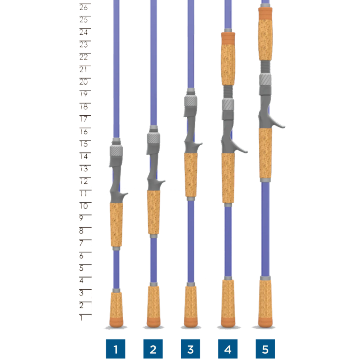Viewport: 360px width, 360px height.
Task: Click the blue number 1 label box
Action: [116, 349]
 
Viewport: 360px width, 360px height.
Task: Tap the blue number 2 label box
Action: [153, 349]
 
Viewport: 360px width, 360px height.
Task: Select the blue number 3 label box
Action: [190, 349]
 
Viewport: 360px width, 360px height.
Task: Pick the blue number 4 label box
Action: [228, 349]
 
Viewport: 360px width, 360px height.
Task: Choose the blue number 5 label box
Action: [265, 349]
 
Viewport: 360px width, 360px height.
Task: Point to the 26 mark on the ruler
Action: [84, 7]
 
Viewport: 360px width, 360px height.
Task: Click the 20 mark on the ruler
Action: [84, 82]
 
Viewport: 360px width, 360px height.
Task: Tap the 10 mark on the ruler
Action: [84, 206]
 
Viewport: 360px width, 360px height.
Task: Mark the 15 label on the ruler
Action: [84, 144]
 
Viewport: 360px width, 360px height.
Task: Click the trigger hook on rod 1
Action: [124, 195]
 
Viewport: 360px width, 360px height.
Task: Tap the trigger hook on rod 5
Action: [278, 124]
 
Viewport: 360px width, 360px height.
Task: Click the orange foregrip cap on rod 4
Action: [228, 38]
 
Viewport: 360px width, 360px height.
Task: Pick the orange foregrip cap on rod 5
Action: [265, 14]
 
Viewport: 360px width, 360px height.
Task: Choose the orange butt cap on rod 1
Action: [116, 322]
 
